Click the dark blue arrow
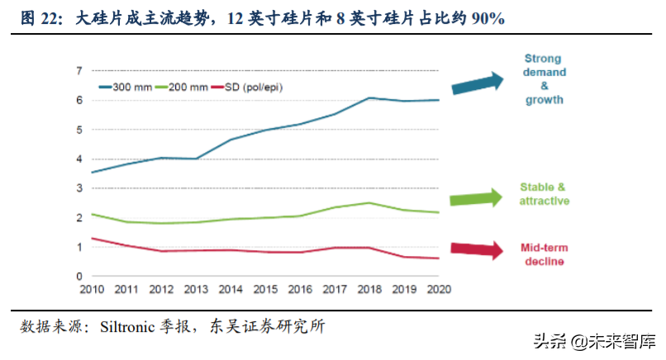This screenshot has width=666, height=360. [x=477, y=83]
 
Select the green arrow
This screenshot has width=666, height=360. [x=477, y=198]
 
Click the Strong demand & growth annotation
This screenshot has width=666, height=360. [x=544, y=79]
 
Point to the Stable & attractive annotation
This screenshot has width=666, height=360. [x=544, y=194]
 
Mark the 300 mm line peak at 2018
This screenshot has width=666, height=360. [x=370, y=97]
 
